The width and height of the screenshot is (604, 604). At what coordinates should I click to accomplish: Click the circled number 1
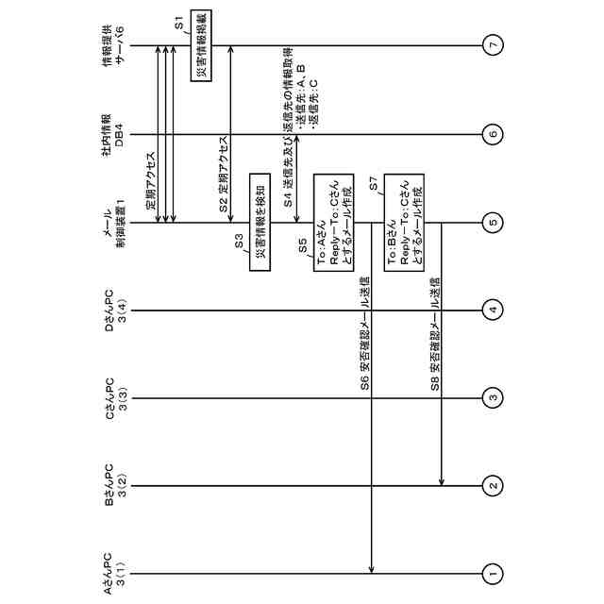tap(492, 572)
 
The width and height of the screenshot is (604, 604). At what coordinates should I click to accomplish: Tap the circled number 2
tap(492, 485)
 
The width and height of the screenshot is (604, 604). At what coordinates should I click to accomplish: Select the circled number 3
tap(492, 397)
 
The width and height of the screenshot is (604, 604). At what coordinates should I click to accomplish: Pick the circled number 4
tap(492, 310)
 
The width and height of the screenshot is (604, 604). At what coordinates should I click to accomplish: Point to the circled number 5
tap(492, 223)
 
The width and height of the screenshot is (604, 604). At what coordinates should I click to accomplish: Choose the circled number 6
tap(492, 134)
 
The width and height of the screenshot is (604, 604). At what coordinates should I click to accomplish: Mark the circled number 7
tap(492, 44)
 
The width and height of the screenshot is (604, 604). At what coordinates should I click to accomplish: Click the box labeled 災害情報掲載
tap(201, 45)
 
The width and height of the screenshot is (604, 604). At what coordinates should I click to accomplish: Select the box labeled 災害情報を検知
tap(260, 222)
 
